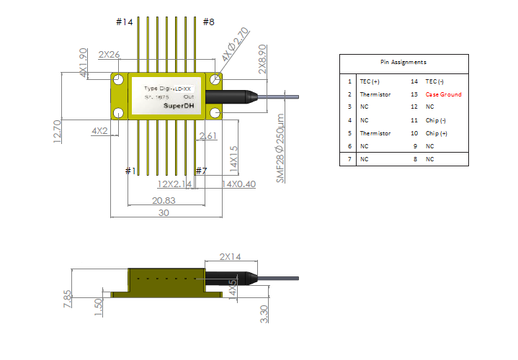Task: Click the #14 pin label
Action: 125,22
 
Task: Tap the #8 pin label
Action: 208,22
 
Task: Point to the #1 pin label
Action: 130,171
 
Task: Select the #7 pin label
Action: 202,171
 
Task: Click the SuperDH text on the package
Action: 179,106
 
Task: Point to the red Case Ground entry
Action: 443,94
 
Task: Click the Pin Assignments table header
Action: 403,63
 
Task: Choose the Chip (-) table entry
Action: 436,120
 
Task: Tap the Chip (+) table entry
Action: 436,133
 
